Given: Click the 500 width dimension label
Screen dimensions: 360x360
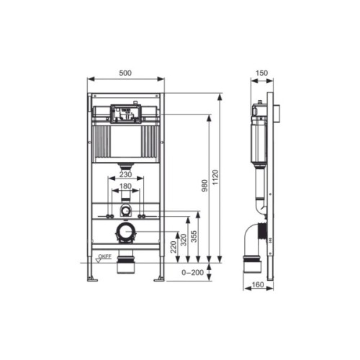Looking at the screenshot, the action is point(125,73).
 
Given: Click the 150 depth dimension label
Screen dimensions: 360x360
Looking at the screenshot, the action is point(261,73).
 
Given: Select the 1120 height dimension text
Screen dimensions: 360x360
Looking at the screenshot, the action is point(215,177).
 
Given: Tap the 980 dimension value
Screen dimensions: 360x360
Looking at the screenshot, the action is point(204,185).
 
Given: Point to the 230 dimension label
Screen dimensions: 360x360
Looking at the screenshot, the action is point(125,174).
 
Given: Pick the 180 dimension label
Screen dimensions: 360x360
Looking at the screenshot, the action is point(125,186).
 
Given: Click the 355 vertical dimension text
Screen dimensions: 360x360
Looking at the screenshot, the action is point(194,236).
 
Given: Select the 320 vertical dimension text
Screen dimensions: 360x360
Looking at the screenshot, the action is point(184,240).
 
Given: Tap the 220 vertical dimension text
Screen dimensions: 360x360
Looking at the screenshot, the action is point(173,247).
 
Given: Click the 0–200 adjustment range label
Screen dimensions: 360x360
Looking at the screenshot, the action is point(192,272).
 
